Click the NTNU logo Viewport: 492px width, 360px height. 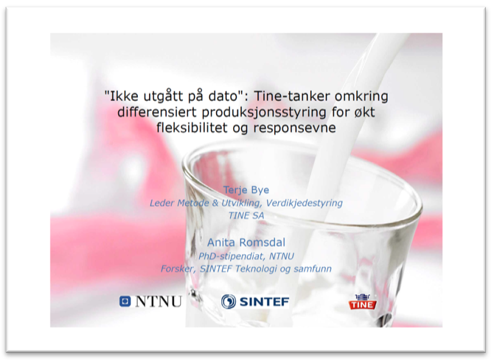tap(151, 301)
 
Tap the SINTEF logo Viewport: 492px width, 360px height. tap(255, 301)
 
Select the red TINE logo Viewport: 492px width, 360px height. tap(363, 302)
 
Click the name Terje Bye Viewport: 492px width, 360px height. tap(246, 190)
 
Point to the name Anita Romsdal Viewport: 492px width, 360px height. tap(246, 242)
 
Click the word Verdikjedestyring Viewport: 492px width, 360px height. tap(304, 203)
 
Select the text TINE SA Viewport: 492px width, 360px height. tap(246, 216)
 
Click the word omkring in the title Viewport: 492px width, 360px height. tap(361, 96)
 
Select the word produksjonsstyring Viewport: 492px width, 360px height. tap(264, 113)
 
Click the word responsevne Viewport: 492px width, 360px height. tap(294, 128)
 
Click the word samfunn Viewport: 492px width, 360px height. tap(312, 269)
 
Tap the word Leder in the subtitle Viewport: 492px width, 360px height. tap(162, 203)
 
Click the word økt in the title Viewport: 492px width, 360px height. tap(364, 112)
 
